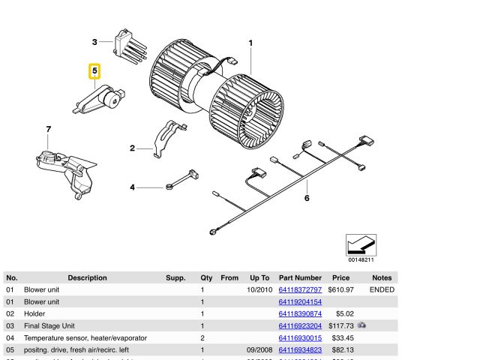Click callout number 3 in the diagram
pyautogui.click(x=95, y=42)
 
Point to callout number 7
pyautogui.click(x=49, y=130)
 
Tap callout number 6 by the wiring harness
pyautogui.click(x=306, y=198)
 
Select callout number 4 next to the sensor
pyautogui.click(x=133, y=187)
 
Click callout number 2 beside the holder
pyautogui.click(x=132, y=148)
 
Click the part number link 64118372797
pyautogui.click(x=300, y=289)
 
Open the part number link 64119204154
pyautogui.click(x=300, y=301)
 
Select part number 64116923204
pyautogui.click(x=300, y=325)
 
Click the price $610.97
pyautogui.click(x=340, y=289)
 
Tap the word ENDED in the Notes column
pyautogui.click(x=382, y=289)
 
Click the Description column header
pyautogui.click(x=87, y=277)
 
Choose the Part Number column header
pyautogui.click(x=300, y=277)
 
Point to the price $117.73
pyautogui.click(x=340, y=325)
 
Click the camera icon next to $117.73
pyautogui.click(x=362, y=325)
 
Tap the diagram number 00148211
pyautogui.click(x=361, y=259)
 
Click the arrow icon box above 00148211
pyautogui.click(x=361, y=244)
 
